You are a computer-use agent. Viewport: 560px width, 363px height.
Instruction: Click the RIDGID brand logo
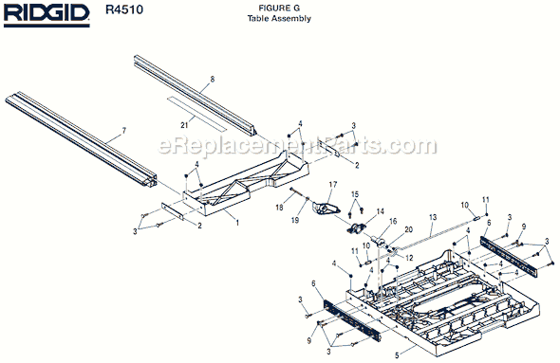(46, 16)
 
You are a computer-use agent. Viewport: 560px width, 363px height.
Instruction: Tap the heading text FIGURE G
(279, 9)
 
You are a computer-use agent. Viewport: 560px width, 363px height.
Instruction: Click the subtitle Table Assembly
(279, 19)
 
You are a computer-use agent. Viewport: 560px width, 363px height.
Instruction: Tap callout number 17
(333, 184)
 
